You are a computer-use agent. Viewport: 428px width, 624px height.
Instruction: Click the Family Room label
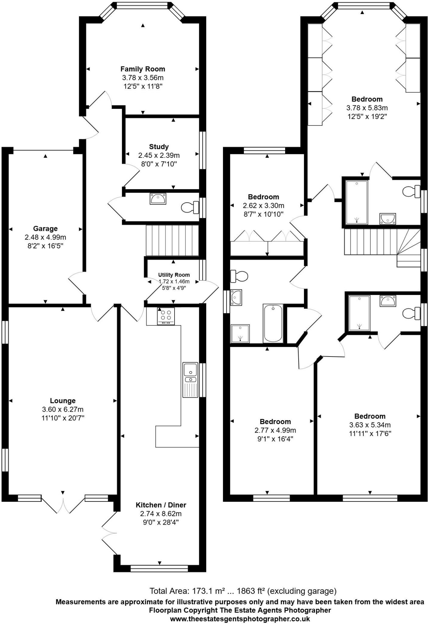pyautogui.click(x=143, y=69)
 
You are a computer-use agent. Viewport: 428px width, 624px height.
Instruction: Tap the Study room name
pyautogui.click(x=159, y=147)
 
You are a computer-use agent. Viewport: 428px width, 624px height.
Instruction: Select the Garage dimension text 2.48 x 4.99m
pyautogui.click(x=45, y=237)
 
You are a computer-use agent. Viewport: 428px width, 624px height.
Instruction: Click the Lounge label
pyautogui.click(x=63, y=401)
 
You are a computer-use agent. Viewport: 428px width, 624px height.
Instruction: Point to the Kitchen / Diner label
pyautogui.click(x=161, y=505)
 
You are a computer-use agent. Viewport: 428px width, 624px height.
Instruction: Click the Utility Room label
pyautogui.click(x=174, y=275)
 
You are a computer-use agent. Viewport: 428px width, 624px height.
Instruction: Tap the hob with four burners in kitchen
pyautogui.click(x=166, y=316)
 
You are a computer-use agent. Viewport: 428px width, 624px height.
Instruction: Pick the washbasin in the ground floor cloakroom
pyautogui.click(x=158, y=199)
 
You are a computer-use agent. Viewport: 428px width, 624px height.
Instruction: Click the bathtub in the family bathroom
pyautogui.click(x=273, y=323)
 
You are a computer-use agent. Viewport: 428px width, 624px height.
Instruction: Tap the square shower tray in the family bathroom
pyautogui.click(x=240, y=333)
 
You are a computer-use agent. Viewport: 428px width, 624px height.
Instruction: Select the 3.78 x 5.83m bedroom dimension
pyautogui.click(x=367, y=108)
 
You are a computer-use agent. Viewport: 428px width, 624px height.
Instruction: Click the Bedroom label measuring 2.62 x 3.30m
pyautogui.click(x=263, y=197)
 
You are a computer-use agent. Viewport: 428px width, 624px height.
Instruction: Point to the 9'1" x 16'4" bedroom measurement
pyautogui.click(x=275, y=439)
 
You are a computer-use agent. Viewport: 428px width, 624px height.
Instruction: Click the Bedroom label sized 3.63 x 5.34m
pyautogui.click(x=370, y=416)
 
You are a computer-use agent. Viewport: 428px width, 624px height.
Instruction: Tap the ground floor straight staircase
pyautogui.click(x=172, y=240)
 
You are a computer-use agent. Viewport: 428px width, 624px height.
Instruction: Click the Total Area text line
pyautogui.click(x=243, y=591)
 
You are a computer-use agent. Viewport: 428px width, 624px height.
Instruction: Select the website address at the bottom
pyautogui.click(x=240, y=619)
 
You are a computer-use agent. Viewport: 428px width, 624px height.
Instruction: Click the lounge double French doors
pyautogui.click(x=63, y=504)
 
